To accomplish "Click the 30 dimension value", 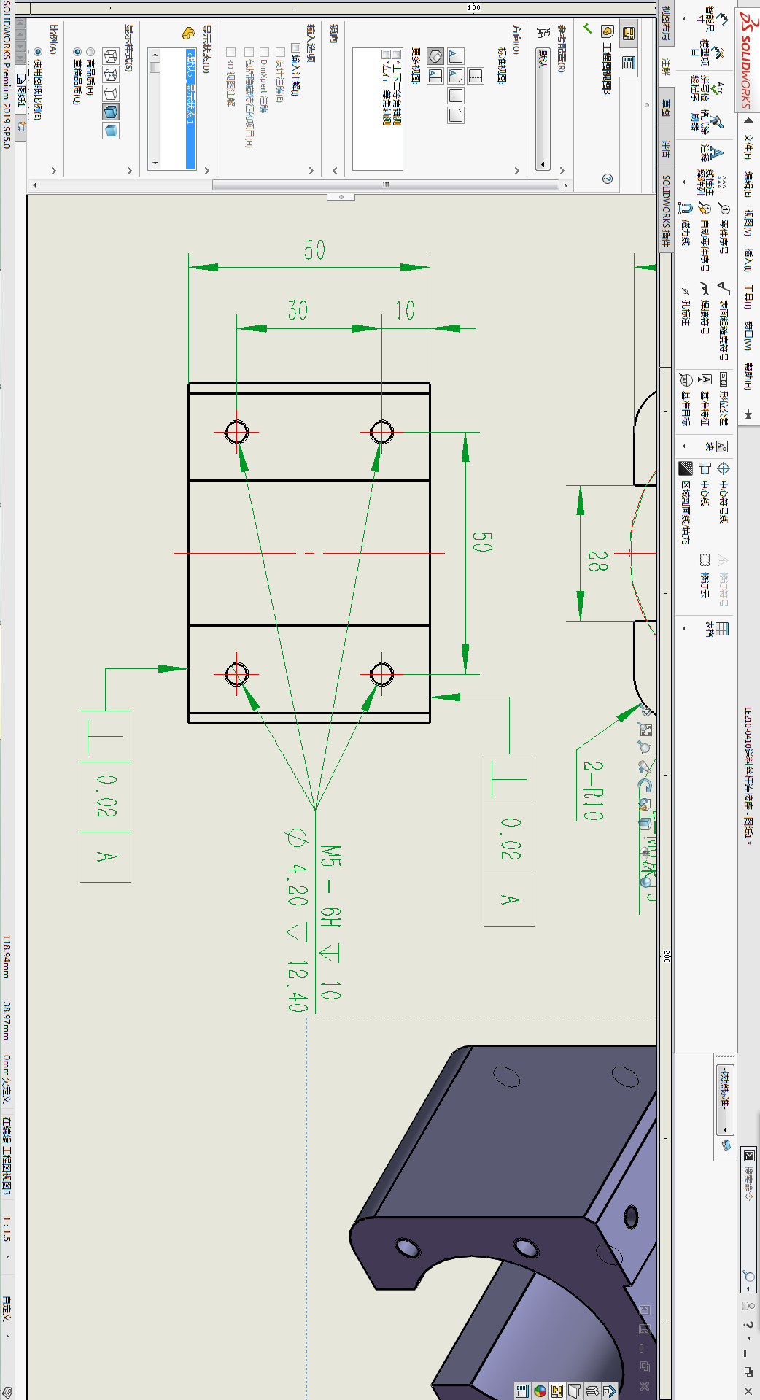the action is [x=298, y=310].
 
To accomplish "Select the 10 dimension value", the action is [x=405, y=310].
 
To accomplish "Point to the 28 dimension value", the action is [x=597, y=560].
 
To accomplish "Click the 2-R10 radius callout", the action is [x=593, y=791].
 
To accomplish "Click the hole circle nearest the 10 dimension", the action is [x=381, y=432].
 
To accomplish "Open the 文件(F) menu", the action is [x=748, y=146].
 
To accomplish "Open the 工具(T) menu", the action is [x=748, y=296].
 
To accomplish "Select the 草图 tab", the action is [x=666, y=108].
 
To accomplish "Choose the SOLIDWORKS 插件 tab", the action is [x=666, y=211].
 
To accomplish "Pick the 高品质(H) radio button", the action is [x=90, y=52].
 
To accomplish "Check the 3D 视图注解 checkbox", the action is [x=230, y=52].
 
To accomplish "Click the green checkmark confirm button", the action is [x=587, y=28].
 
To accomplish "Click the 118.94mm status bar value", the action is [x=7, y=956].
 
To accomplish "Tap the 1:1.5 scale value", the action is [x=7, y=1229].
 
